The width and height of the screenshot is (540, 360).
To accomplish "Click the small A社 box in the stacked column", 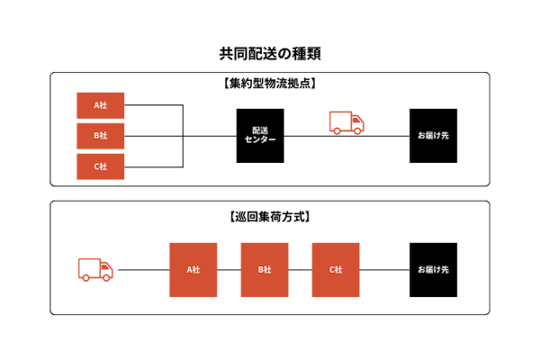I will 101,105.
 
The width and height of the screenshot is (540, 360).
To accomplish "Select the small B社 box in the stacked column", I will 101,136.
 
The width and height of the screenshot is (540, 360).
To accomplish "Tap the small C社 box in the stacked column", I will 101,166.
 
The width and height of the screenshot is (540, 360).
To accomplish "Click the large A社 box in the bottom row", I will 193,269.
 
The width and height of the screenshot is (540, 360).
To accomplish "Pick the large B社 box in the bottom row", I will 265,269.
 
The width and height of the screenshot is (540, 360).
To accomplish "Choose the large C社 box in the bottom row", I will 336,269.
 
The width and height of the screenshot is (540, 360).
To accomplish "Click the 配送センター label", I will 260,135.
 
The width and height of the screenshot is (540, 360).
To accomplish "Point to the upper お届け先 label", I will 433,135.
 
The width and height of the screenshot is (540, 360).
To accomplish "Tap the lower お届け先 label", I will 433,269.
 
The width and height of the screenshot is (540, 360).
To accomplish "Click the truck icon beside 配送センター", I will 346,122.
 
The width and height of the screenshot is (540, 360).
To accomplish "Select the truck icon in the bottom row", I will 95,269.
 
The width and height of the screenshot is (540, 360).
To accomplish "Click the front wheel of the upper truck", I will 358,131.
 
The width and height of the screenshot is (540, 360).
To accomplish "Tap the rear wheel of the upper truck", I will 337,131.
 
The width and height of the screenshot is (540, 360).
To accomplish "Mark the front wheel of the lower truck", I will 107,278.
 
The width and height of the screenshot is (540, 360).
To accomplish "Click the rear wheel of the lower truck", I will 86,278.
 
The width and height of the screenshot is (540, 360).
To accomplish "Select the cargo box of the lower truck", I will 89,266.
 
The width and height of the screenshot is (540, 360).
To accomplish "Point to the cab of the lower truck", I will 106,267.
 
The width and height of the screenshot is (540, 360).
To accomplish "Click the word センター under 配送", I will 260,139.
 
